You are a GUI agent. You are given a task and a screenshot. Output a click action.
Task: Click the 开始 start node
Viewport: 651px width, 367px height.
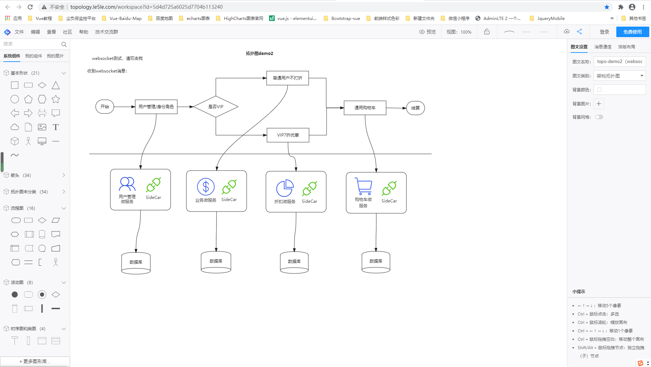[105, 107]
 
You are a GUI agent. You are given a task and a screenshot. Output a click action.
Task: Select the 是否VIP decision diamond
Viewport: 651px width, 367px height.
[216, 107]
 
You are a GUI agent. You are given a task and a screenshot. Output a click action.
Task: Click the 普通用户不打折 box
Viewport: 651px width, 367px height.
[288, 78]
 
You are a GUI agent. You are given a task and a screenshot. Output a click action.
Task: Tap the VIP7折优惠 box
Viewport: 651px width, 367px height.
[288, 135]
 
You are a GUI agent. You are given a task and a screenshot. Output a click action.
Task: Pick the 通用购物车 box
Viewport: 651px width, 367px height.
[365, 108]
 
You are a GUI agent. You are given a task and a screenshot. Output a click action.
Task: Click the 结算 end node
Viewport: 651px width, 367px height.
[416, 108]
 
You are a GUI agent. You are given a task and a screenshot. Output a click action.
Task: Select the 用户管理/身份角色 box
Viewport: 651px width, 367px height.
[156, 107]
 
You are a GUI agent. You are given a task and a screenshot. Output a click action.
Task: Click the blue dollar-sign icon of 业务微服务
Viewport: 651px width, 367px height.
[206, 187]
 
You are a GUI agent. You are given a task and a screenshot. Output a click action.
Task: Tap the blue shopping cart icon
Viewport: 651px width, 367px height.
[363, 186]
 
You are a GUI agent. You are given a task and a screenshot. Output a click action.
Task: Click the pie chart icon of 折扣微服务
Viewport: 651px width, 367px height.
[285, 188]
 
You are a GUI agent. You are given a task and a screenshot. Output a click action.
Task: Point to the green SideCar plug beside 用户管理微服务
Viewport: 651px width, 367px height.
[153, 185]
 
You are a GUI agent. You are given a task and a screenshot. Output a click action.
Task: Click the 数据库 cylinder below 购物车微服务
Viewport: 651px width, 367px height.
[376, 262]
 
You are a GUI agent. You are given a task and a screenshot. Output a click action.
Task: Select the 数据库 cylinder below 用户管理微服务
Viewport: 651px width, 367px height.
[136, 263]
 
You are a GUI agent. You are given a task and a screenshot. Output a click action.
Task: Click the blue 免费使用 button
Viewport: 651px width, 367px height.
[632, 32]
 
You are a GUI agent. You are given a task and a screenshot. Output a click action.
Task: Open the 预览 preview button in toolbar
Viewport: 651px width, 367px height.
[427, 32]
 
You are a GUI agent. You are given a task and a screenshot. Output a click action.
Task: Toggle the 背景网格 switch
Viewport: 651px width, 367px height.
[599, 117]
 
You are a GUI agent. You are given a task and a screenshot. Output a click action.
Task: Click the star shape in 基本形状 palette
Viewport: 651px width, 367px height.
[56, 99]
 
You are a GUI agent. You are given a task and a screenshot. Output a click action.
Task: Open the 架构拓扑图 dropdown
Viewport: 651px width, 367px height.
[619, 76]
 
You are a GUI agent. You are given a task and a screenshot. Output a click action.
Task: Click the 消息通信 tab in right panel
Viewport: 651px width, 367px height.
[603, 47]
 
